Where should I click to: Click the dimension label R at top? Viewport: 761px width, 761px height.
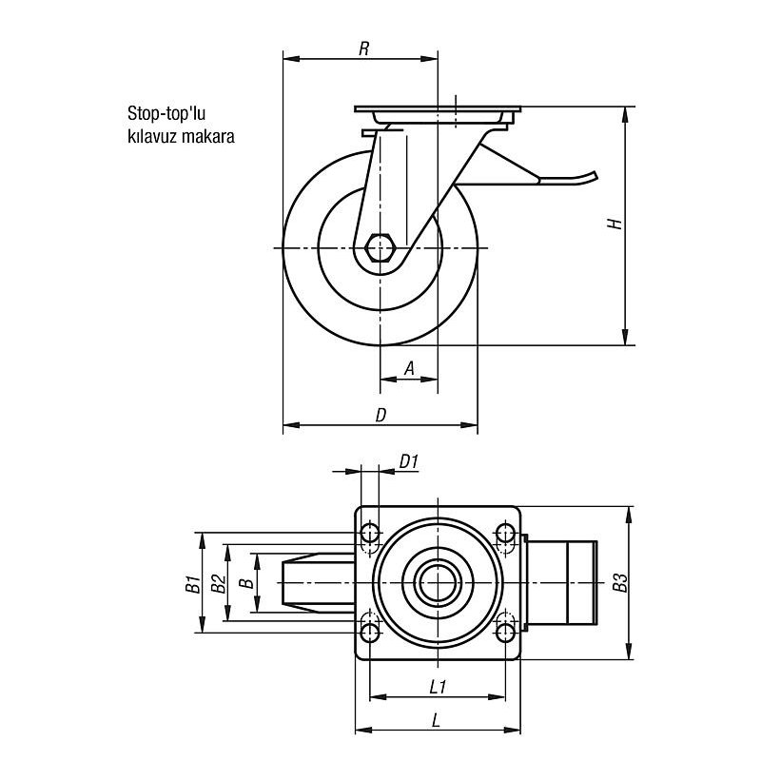coord(363,49)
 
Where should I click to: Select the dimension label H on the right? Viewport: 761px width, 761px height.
coord(615,224)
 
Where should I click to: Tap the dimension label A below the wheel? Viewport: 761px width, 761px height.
coord(409,367)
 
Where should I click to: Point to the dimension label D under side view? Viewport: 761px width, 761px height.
coord(380,415)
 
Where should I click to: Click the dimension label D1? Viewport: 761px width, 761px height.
coord(410,461)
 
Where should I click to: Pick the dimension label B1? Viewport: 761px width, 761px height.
coord(190,583)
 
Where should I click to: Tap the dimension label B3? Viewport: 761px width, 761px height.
coord(620,583)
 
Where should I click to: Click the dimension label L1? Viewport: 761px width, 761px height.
coord(439,685)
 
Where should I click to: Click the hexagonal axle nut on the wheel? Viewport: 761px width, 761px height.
coord(380,249)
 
